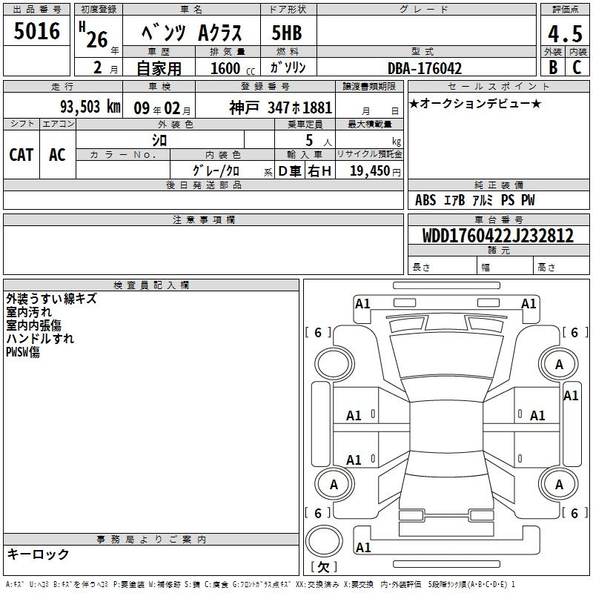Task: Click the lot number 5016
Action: [36, 31]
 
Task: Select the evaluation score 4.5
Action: [565, 34]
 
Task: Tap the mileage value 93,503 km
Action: [90, 107]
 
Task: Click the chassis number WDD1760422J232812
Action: [498, 236]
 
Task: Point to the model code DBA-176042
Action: [425, 68]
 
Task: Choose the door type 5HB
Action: [287, 33]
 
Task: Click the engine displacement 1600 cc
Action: [233, 68]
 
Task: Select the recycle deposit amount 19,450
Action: [370, 170]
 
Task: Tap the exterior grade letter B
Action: [553, 67]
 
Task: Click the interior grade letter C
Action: [577, 67]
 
